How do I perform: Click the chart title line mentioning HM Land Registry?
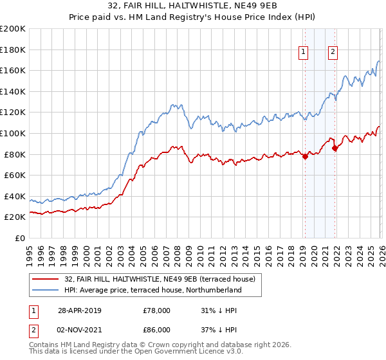[193, 17]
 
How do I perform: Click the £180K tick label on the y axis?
[13, 50]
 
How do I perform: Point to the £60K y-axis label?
[15, 175]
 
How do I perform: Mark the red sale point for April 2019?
[305, 156]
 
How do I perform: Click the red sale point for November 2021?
[335, 148]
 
